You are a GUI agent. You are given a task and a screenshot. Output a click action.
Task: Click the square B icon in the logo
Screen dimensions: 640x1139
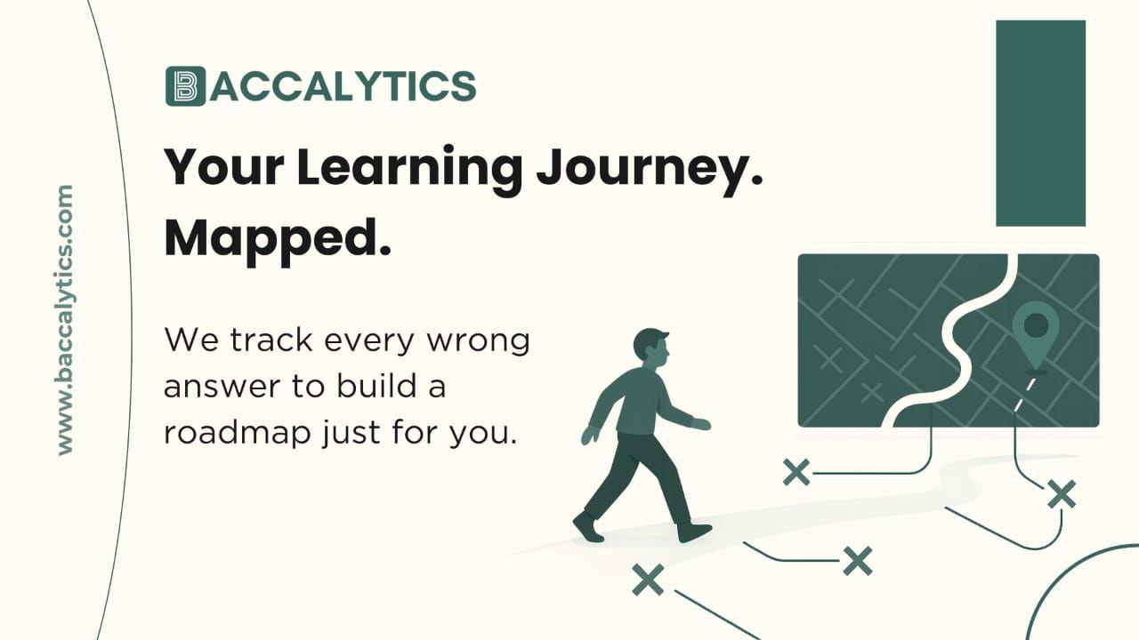pos(185,86)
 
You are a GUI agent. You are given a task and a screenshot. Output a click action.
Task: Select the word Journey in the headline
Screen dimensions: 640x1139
pos(637,166)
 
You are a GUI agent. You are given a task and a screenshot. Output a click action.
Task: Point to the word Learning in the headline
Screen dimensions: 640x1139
pos(409,166)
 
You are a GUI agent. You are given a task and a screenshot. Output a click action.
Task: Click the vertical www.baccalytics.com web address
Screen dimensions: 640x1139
pos(64,320)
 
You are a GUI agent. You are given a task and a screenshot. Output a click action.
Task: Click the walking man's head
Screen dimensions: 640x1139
pos(651,347)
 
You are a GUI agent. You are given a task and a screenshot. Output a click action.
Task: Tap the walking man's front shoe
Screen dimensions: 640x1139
pos(694,532)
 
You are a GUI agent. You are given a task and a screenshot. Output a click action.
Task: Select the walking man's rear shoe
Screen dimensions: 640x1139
pos(587,526)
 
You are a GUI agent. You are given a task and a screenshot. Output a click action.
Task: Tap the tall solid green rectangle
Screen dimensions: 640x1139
pos(1040,123)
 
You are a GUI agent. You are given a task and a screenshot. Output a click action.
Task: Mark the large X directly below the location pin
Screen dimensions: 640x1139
pos(1061,493)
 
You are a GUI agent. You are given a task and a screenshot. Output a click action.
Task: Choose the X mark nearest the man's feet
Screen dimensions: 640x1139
pos(648,580)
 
